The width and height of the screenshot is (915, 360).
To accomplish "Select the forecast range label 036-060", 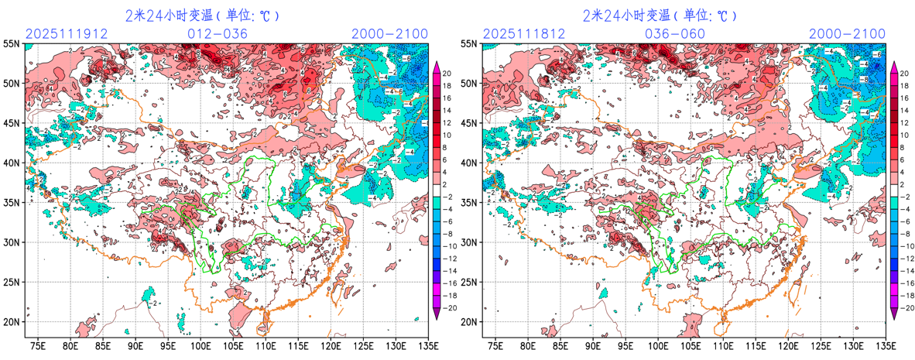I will pyautogui.click(x=675, y=33).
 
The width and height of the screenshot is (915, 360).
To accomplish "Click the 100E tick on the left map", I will pyautogui.click(x=200, y=345).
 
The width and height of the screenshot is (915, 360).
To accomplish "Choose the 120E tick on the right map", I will pyautogui.click(x=788, y=345).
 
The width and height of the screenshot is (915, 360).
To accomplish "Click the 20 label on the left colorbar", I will pyautogui.click(x=447, y=71).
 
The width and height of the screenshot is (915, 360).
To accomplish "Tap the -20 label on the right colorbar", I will pyautogui.click(x=906, y=307).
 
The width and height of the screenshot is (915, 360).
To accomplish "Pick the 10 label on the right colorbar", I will pyautogui.click(x=904, y=135).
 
